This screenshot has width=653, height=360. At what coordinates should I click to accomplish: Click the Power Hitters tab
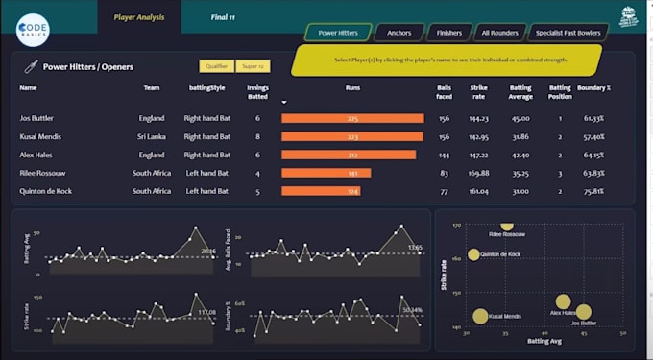click(338, 33)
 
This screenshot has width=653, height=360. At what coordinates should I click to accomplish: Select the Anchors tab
click(399, 33)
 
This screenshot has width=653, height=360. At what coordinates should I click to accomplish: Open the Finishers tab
click(448, 33)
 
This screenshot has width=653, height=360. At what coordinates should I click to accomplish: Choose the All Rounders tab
click(499, 33)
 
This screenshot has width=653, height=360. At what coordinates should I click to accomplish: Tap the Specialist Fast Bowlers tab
click(567, 33)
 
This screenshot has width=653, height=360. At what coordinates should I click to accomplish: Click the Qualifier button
click(216, 66)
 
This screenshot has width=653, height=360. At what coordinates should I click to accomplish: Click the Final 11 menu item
click(224, 17)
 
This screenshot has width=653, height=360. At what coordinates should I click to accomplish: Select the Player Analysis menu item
click(138, 17)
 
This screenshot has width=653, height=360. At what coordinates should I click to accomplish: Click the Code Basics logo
click(33, 29)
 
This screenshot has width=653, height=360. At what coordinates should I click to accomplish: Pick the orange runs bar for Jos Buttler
click(352, 119)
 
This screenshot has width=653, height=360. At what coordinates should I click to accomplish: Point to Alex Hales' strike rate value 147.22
click(478, 155)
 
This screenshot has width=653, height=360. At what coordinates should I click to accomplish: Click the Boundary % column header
click(594, 88)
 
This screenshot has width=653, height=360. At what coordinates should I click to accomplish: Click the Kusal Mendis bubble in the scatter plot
click(480, 316)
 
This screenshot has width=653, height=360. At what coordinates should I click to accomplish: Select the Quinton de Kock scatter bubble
click(473, 255)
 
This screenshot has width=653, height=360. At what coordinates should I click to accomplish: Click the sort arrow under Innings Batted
click(283, 101)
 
